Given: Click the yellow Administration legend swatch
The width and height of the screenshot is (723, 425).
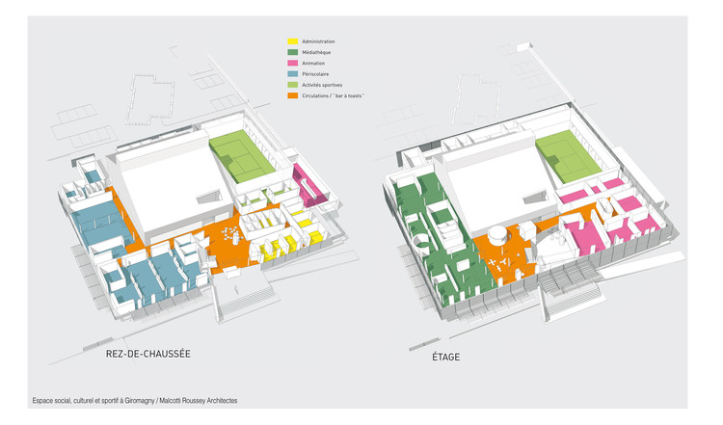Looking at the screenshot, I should [x=292, y=41].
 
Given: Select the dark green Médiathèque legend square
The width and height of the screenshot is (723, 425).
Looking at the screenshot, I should [x=292, y=52].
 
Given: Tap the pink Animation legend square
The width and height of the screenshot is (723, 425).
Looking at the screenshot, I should [x=292, y=63].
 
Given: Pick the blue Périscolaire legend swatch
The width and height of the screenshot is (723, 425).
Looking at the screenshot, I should [x=292, y=74].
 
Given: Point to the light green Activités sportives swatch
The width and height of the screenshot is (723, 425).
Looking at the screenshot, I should [x=292, y=85].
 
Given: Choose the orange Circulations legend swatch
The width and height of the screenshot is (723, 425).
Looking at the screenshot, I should [x=292, y=96].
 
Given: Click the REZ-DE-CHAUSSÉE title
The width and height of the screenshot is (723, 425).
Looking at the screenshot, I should [x=147, y=355].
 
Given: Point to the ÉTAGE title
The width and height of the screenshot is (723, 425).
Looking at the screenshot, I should [x=445, y=358].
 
